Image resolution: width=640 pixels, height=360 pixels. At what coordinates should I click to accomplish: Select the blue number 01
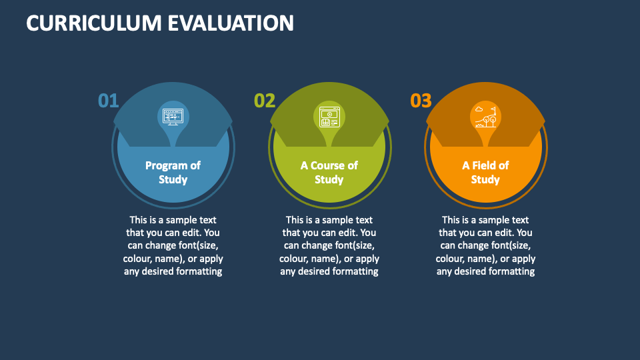click(108, 101)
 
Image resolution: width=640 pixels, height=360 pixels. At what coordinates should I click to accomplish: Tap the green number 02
click(265, 101)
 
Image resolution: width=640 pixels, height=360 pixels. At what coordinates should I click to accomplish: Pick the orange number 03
click(421, 101)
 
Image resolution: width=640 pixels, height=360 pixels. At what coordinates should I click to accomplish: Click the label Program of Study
click(173, 172)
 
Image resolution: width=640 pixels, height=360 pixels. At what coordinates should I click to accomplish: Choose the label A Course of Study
click(329, 172)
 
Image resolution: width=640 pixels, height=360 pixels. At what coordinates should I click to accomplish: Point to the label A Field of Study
click(485, 172)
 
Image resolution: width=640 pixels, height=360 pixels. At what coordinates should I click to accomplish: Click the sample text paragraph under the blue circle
click(173, 245)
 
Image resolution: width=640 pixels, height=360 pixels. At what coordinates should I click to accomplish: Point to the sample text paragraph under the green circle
click(329, 245)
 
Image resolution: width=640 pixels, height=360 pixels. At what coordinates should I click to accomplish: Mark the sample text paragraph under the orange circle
click(485, 245)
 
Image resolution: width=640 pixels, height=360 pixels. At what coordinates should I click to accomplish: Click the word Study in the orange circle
click(485, 179)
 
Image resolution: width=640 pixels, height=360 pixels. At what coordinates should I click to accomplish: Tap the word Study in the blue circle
click(173, 179)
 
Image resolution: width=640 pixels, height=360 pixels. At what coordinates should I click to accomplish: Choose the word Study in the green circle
click(329, 179)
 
